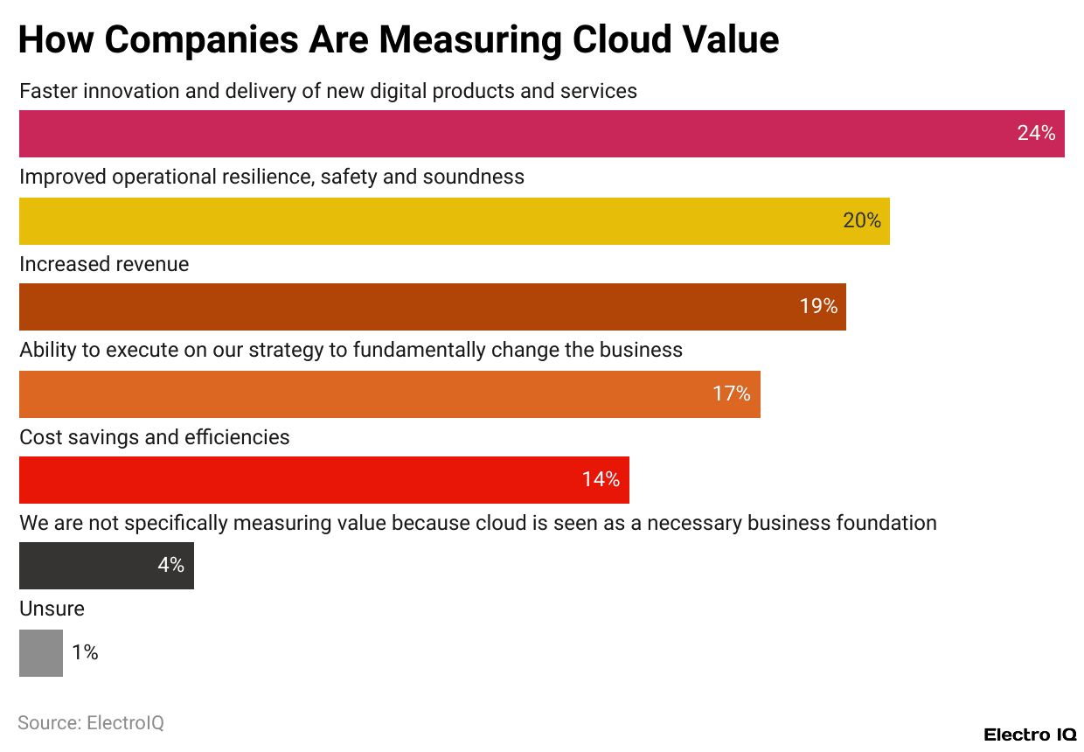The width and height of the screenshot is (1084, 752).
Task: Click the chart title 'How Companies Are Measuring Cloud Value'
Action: [398, 40]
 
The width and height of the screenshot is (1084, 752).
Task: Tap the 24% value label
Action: [1036, 134]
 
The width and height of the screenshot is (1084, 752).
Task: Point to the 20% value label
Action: [862, 221]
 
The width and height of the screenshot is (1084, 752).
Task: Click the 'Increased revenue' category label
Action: [104, 264]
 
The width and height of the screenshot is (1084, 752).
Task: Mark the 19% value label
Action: [818, 307]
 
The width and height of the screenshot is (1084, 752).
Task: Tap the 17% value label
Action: [732, 394]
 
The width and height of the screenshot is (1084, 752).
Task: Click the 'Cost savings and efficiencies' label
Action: [155, 437]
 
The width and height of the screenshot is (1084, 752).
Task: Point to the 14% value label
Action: [601, 480]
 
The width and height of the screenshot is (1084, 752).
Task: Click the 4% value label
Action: [170, 566]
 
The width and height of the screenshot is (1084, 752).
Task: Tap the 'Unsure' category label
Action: [52, 609]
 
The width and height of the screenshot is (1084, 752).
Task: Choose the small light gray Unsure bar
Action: [41, 653]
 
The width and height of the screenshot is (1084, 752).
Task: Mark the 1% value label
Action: [85, 653]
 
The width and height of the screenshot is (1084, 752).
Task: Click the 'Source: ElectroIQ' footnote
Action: [91, 723]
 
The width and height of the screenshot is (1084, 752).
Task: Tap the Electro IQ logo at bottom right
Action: [1030, 735]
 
